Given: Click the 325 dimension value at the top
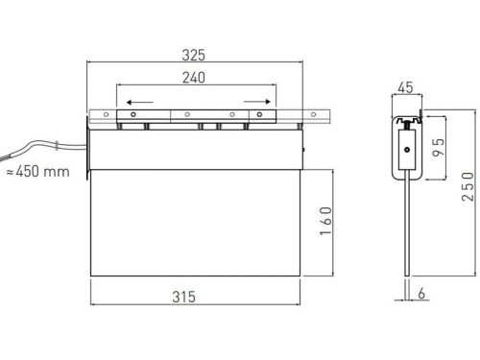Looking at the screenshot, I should (196, 56).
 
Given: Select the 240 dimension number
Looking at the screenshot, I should (195, 79).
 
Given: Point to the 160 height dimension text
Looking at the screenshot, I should (326, 225).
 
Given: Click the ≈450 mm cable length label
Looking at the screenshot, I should (37, 172).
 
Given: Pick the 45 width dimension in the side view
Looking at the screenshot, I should (405, 87).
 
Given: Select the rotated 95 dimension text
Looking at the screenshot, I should (438, 147).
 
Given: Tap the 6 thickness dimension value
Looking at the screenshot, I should (423, 295).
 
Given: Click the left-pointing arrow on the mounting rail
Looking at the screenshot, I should (139, 100).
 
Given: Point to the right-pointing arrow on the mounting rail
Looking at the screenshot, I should (254, 100).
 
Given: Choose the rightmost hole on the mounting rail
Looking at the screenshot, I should (315, 115).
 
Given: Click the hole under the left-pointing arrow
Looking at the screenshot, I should (132, 115).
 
